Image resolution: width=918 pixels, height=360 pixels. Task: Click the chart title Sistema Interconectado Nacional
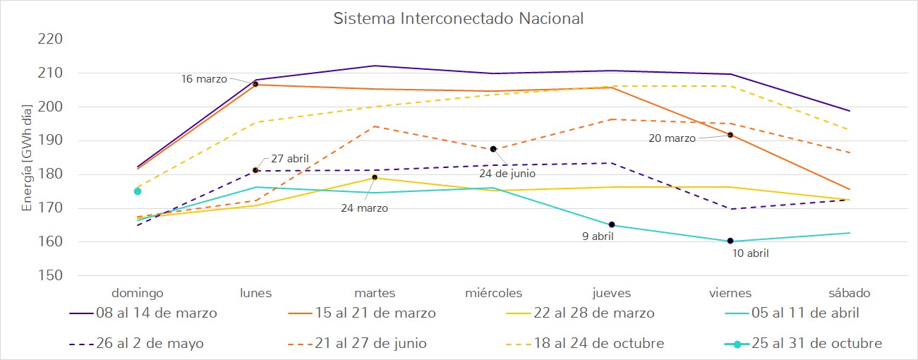pos(459,18)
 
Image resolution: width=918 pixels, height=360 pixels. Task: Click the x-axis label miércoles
pos(493,293)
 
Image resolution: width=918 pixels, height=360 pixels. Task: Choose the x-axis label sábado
pos(849,293)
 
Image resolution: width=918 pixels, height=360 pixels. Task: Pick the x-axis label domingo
pos(138,293)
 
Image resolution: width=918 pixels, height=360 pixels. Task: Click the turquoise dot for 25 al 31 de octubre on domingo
pos(138,191)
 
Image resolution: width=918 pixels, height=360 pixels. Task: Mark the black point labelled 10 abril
pos(730,241)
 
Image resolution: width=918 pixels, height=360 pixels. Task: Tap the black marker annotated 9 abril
pos(612,224)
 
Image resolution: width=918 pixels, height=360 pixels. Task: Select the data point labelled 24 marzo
pos(375,177)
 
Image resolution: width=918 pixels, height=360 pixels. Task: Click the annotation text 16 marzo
pos(204,79)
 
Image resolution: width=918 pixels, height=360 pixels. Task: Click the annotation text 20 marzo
pos(672,138)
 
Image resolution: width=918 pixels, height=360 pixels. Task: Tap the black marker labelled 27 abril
pos(255,170)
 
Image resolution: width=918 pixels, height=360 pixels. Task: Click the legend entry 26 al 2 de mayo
pos(149,344)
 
